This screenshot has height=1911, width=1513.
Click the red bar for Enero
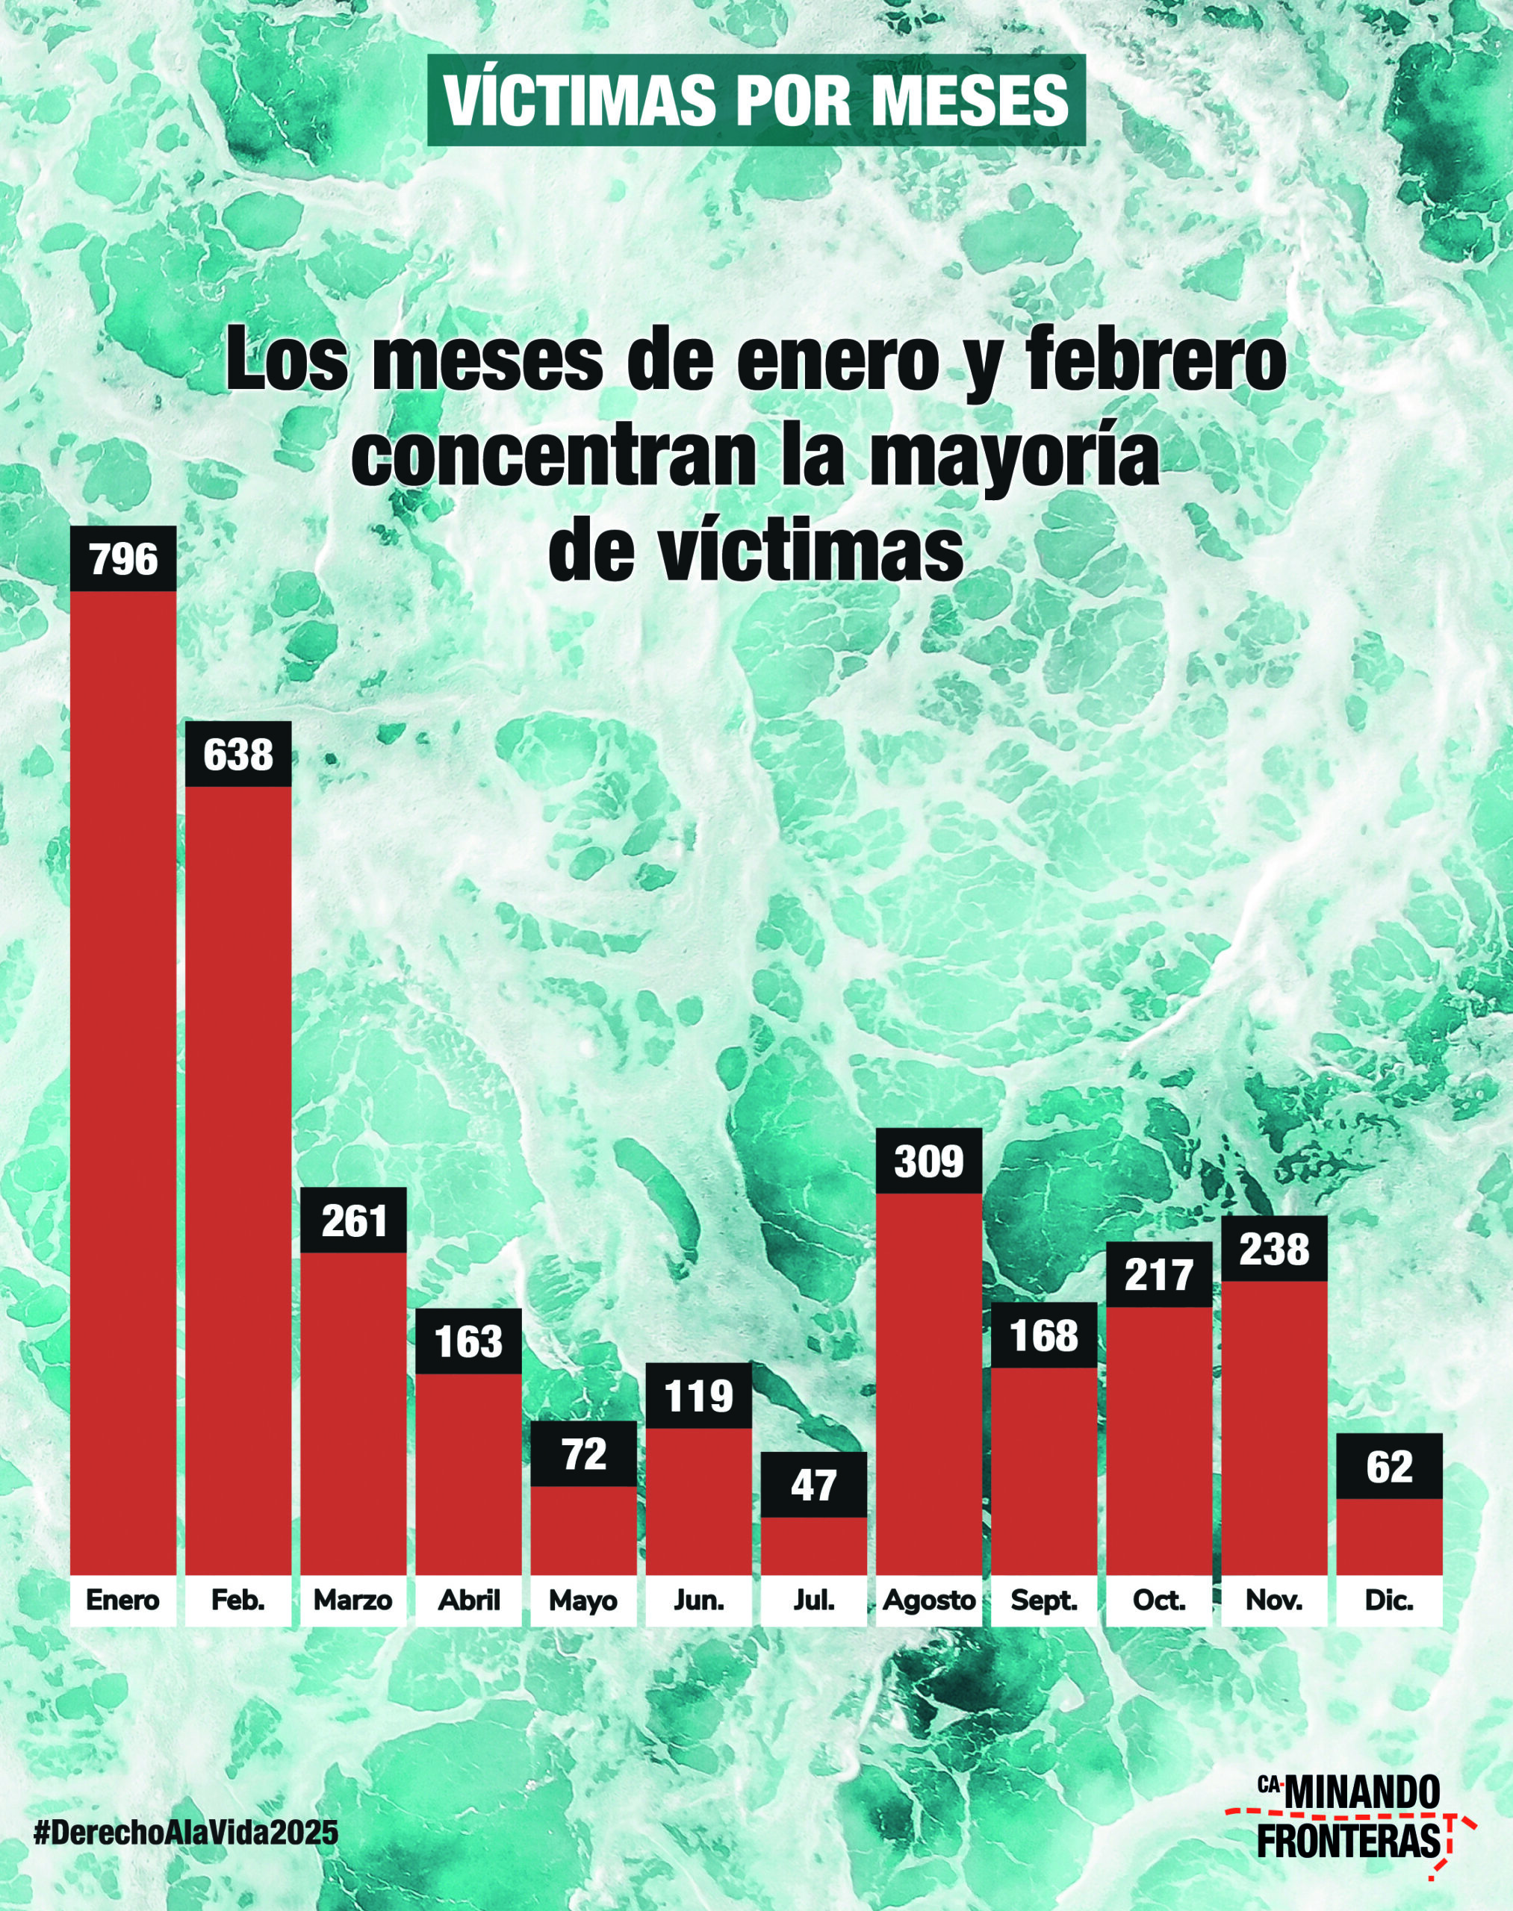tap(123, 1080)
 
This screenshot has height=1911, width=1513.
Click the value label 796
tap(123, 560)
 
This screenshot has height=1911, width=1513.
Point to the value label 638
tap(238, 755)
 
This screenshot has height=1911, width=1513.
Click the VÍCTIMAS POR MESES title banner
tap(756, 101)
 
